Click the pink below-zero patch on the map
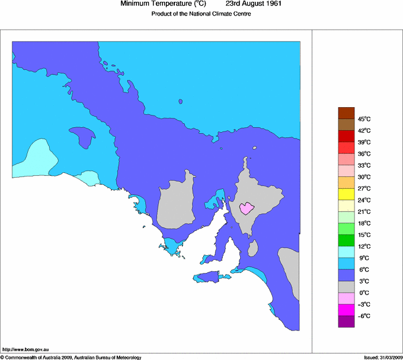click(247, 208)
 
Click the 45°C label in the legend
click(363, 119)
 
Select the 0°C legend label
click(363, 292)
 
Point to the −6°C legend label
click(362, 316)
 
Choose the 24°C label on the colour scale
click(363, 200)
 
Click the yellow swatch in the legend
click(346, 194)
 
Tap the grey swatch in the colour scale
click(346, 287)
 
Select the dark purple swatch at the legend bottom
click(346, 322)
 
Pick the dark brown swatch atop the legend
click(346, 112)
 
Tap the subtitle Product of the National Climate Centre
click(201, 14)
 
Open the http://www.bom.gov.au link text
click(25, 350)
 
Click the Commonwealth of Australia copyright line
click(71, 357)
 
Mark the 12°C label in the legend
click(363, 246)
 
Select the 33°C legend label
click(363, 165)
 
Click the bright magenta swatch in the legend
click(346, 310)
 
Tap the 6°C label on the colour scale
click(363, 269)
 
